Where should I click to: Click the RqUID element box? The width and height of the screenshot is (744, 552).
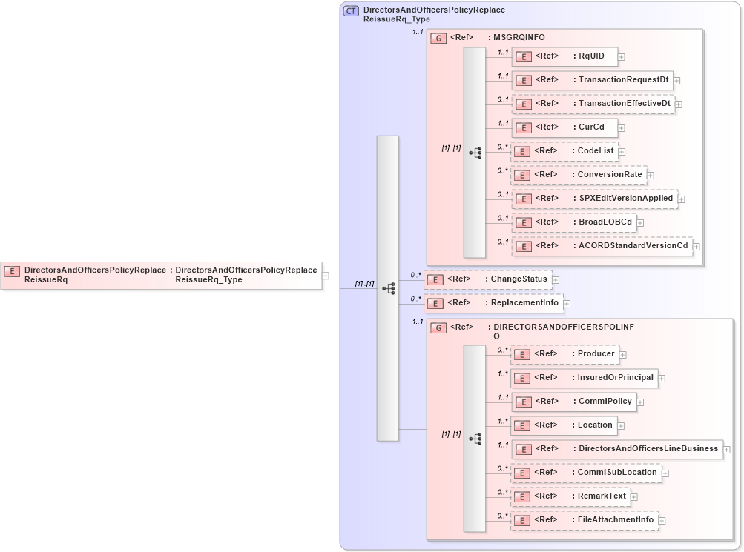564,56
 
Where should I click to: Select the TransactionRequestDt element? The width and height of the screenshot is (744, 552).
592,80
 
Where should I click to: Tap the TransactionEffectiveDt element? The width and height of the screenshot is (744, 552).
593,104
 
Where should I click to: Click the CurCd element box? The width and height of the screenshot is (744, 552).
564,127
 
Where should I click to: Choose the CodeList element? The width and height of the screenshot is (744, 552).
564,151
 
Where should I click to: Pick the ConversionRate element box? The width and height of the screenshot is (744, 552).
579,175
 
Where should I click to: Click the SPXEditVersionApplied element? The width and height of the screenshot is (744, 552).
594,199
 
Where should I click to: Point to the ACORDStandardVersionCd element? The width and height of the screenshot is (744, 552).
602,246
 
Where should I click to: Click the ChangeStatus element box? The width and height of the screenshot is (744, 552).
487,279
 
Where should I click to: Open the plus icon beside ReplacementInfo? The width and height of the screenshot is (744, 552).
567,304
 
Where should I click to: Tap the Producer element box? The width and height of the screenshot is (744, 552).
564,354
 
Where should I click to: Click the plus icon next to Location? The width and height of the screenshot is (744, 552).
622,426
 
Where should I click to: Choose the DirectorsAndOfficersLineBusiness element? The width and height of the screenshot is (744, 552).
616,449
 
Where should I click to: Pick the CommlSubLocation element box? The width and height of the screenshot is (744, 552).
585,473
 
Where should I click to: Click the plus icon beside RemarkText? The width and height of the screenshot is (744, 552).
634,497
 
